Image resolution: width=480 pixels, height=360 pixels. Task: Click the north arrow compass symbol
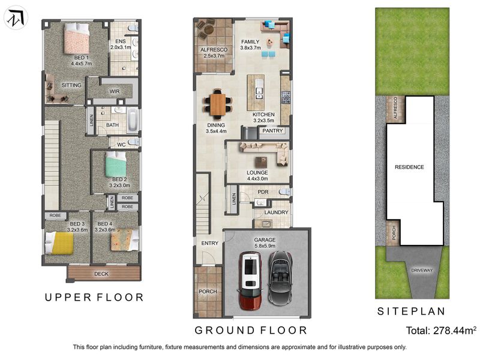coord(16,18)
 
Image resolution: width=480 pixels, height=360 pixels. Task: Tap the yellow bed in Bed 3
coord(59,243)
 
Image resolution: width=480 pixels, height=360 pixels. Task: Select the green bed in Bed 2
coord(116,164)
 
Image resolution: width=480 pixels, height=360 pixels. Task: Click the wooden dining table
coord(218,104)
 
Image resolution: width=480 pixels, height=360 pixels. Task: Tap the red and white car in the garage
coord(250,280)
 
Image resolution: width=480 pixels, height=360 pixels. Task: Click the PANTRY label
coord(272,131)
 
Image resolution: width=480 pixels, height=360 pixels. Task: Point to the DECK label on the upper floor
coord(101,274)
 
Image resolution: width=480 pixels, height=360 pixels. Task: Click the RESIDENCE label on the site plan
coord(409,167)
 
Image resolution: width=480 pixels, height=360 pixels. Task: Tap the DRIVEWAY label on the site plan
coord(422,271)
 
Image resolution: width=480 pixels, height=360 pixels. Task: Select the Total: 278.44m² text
coord(441,331)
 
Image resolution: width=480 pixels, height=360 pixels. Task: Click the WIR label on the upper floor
coord(115,91)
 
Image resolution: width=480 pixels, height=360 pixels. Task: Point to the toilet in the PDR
coord(285,192)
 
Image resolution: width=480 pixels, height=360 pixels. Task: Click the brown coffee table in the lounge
coord(261,162)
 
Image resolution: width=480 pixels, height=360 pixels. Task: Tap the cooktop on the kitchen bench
coord(286,98)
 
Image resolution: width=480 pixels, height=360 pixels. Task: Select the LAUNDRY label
coord(276,212)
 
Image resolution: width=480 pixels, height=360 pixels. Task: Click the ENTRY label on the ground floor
coord(209,243)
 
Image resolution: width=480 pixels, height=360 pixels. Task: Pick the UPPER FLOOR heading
coord(94,297)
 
